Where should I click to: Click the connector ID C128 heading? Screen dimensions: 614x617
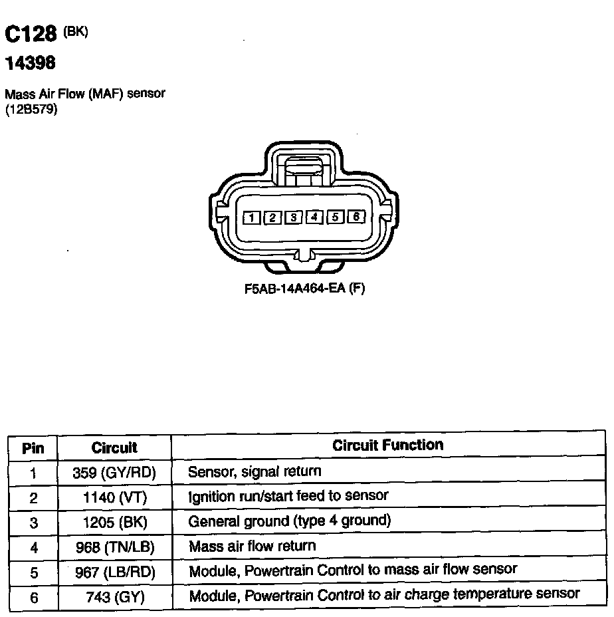coord(31,35)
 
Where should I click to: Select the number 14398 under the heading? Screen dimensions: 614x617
coord(30,63)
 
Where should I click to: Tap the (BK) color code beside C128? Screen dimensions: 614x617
coord(76,31)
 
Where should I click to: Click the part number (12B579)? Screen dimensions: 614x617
coord(31,109)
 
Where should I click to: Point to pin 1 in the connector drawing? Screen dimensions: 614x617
coord(252,217)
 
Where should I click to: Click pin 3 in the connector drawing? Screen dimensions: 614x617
coord(294,217)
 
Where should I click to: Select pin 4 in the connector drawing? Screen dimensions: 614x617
coord(315,217)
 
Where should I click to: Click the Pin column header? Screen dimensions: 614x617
coord(33,447)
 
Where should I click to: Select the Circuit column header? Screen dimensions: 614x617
coord(114,447)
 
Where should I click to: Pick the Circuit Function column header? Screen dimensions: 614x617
coord(387,445)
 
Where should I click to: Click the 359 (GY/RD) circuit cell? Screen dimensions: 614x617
coord(114,473)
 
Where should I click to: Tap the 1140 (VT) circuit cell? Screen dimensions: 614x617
coord(114,497)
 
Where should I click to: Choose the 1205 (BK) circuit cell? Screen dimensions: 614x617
coord(114,522)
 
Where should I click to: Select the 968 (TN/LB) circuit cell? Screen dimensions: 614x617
coord(114,547)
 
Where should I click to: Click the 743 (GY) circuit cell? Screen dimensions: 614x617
coord(114,597)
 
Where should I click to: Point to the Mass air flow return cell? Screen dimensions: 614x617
coord(253,547)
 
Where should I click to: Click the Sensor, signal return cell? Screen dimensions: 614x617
coord(255,472)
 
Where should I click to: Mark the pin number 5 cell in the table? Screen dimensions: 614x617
coord(34,572)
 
